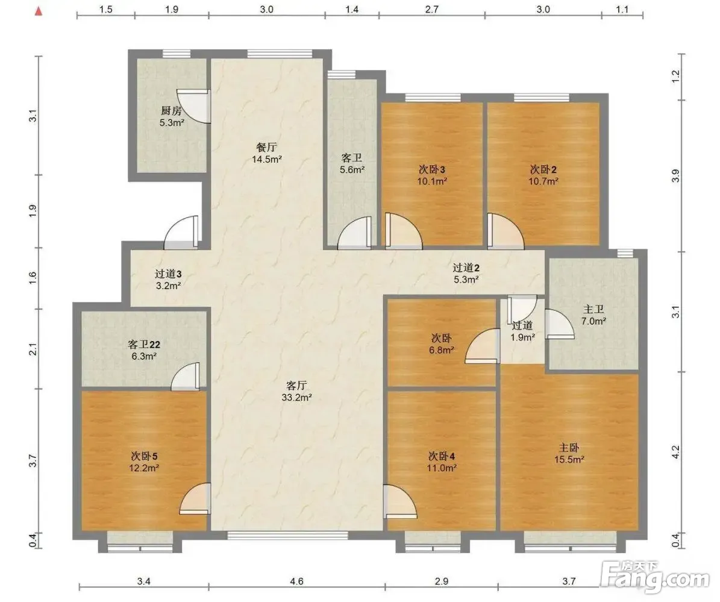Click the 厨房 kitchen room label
[171, 111]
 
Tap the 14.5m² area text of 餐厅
[267, 159]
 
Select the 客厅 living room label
[296, 386]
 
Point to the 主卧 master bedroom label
[569, 447]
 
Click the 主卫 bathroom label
[593, 310]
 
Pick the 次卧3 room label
[431, 169]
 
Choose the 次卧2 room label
[543, 169]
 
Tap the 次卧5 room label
[144, 456]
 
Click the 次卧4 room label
[441, 456]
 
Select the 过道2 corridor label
[466, 268]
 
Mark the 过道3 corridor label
[168, 274]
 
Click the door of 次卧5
[195, 499]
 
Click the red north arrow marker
[39, 11]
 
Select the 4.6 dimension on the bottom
[296, 582]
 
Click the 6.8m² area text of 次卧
[442, 350]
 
